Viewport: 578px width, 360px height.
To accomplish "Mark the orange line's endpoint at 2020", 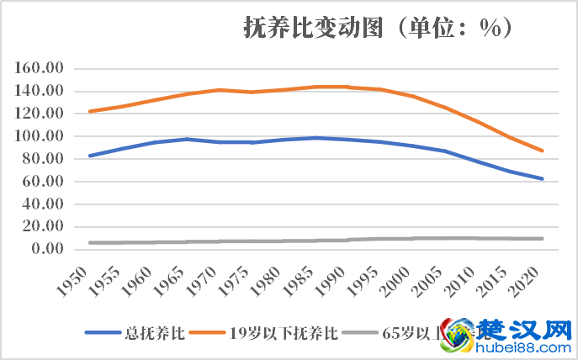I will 543,151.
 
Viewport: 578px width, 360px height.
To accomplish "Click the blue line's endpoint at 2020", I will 543,178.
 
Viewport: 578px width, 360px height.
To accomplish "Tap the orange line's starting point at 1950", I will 89,111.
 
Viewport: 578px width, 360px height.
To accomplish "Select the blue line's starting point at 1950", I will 89,156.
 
